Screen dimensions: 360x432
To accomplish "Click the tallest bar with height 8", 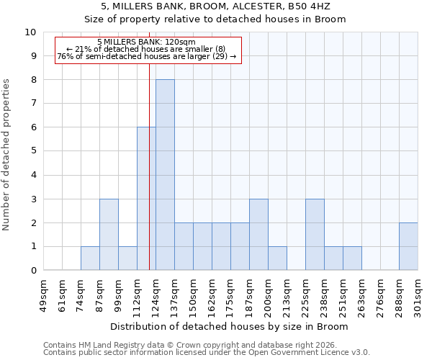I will click(x=165, y=175).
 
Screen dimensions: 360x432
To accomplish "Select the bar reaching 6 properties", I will click(x=146, y=199).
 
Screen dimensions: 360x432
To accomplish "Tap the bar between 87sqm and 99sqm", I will click(x=109, y=235).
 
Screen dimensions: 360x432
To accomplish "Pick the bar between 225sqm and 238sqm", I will click(x=315, y=235).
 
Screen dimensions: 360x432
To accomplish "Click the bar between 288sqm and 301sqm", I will click(x=408, y=246).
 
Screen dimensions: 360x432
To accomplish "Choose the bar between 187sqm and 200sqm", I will click(x=258, y=235).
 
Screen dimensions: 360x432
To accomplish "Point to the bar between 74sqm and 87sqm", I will click(x=90, y=258).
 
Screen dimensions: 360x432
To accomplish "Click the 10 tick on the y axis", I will click(x=31, y=32).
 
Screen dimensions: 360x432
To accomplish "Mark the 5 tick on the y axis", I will click(x=33, y=151).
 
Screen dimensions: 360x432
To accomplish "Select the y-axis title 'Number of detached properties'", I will click(x=7, y=156).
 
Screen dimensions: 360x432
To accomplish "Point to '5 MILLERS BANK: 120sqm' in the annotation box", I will click(x=146, y=42).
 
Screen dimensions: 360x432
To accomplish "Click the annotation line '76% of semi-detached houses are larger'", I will click(x=146, y=57).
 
